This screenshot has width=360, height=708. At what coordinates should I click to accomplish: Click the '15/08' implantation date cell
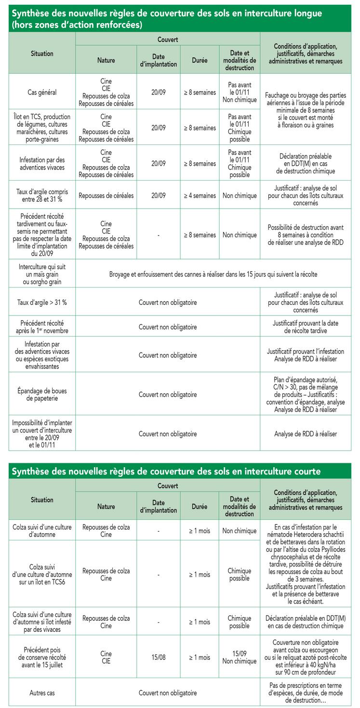click(x=158, y=657)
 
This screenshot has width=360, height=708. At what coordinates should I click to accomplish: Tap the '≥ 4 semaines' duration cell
click(x=199, y=196)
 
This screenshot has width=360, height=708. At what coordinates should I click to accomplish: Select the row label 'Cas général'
click(x=41, y=92)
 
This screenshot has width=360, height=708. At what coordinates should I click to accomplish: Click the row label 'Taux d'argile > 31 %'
click(x=41, y=302)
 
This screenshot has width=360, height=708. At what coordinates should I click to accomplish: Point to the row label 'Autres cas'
click(x=41, y=693)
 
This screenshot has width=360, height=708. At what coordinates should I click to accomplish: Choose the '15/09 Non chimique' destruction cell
click(x=239, y=657)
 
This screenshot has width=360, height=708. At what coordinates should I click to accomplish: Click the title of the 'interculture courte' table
click(x=166, y=471)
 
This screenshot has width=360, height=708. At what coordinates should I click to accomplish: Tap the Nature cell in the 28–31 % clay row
click(x=106, y=196)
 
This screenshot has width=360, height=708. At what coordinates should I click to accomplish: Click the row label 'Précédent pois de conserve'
click(x=41, y=657)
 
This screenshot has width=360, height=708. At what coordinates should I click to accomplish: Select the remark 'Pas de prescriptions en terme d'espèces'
click(x=306, y=693)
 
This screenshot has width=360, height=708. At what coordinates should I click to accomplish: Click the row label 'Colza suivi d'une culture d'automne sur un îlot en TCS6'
click(x=41, y=575)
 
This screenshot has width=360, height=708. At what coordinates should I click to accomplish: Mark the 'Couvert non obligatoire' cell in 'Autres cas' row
click(x=168, y=693)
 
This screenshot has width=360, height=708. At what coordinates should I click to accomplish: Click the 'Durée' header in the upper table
click(x=199, y=61)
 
